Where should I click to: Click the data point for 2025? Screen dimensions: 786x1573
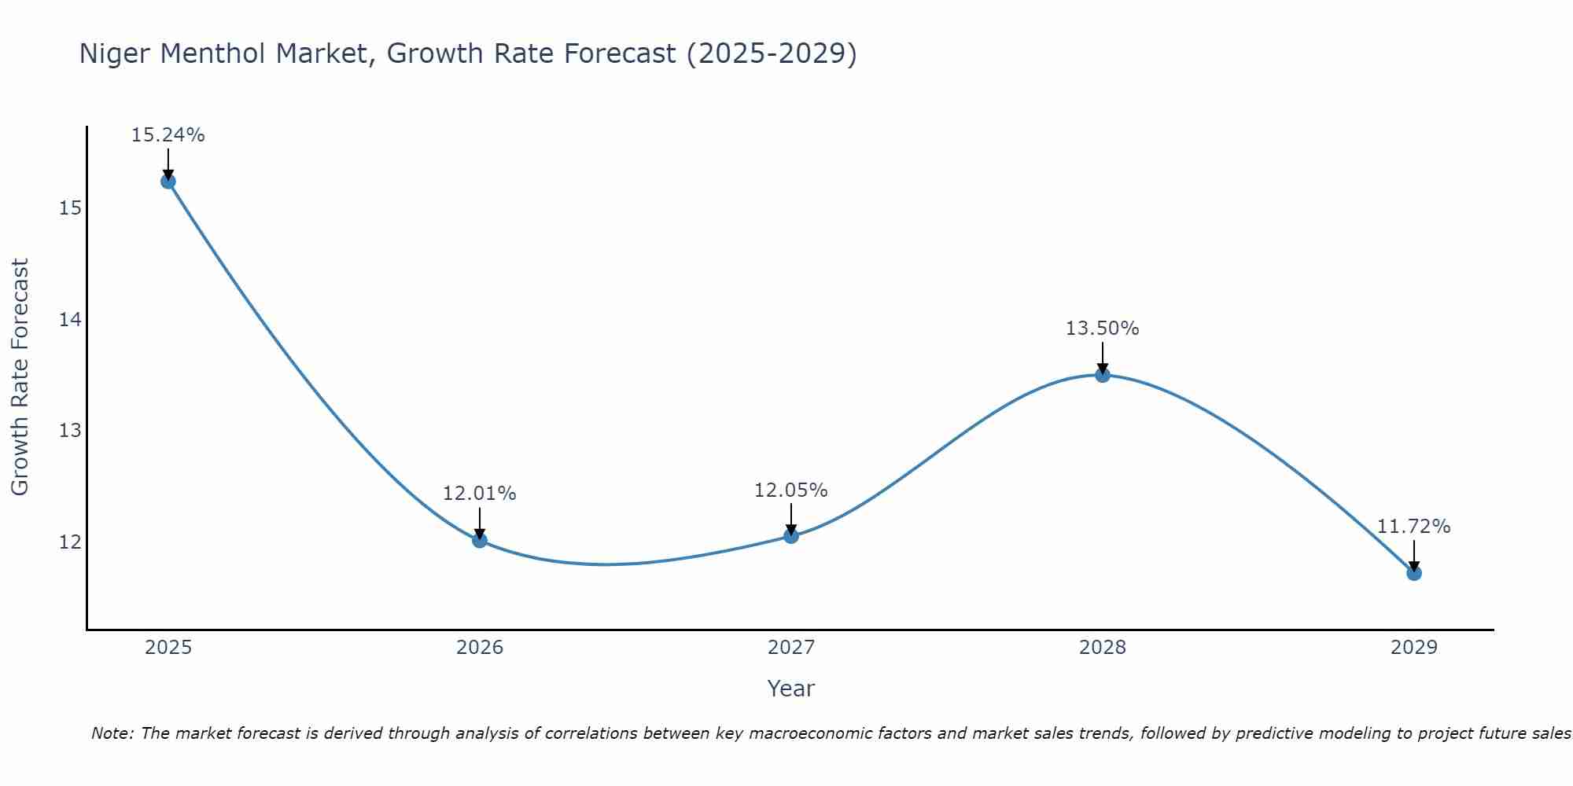[x=168, y=182]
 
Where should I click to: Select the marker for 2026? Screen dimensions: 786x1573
[x=480, y=540]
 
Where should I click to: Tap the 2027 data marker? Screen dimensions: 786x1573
[x=791, y=536]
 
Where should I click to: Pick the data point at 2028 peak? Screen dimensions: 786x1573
[x=1103, y=375]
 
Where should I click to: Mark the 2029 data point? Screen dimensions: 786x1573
[x=1414, y=573]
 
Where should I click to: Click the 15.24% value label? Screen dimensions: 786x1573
[x=168, y=135]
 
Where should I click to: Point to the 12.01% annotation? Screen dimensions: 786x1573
[x=479, y=494]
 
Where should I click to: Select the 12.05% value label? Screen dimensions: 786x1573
[x=790, y=490]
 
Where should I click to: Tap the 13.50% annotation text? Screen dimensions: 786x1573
[x=1102, y=329]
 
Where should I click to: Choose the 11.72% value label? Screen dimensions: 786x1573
[x=1413, y=527]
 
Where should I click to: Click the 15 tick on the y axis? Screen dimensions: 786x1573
[x=70, y=208]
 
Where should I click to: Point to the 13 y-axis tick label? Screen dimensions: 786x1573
[x=70, y=431]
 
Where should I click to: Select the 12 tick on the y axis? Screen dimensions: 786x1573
[x=70, y=542]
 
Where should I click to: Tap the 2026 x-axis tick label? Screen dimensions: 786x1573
[x=480, y=648]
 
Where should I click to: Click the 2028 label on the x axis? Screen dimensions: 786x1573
[x=1103, y=648]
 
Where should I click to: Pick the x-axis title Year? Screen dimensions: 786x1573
[x=790, y=689]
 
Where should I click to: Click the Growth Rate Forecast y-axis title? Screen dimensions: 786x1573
[x=20, y=376]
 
